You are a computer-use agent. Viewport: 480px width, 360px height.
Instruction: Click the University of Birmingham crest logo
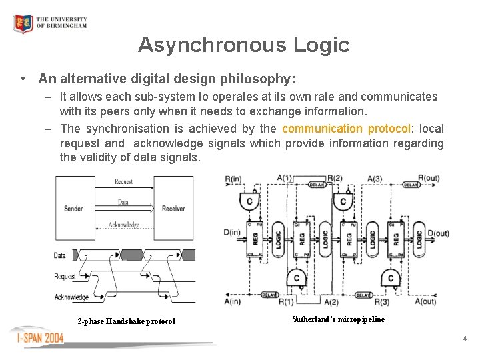(x=23, y=24)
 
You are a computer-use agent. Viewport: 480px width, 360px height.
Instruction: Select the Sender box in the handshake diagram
(x=73, y=209)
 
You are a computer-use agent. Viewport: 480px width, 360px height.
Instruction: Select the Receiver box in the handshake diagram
(x=173, y=209)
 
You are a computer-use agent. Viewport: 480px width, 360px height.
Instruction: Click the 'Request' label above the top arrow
(x=123, y=181)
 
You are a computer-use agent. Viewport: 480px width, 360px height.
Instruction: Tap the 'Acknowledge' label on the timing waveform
(x=71, y=297)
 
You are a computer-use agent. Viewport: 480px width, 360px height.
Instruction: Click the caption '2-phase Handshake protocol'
(x=126, y=321)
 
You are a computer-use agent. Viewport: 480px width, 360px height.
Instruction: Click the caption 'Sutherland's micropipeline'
(x=338, y=319)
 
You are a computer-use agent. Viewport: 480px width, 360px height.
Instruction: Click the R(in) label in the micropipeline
(x=234, y=179)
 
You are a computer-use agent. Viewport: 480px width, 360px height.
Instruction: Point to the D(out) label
(x=438, y=233)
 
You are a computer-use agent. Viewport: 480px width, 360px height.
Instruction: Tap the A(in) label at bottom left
(x=233, y=301)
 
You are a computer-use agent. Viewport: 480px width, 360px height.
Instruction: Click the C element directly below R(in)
(x=250, y=201)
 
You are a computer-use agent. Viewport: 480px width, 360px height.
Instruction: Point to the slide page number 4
(x=465, y=339)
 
